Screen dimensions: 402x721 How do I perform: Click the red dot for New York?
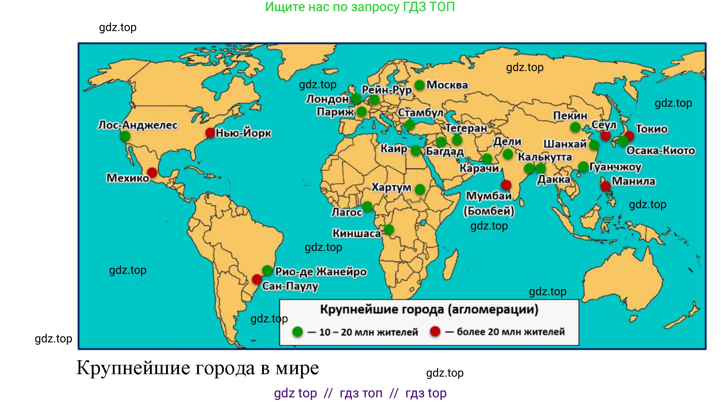click(210, 133)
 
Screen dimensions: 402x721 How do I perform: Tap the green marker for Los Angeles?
click(125, 136)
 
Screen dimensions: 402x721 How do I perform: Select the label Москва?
click(447, 85)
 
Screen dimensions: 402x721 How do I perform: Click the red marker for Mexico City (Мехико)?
click(152, 173)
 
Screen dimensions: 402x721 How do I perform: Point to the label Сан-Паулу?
click(290, 286)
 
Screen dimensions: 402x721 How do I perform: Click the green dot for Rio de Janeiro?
click(267, 270)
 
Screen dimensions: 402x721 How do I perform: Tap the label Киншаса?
click(356, 233)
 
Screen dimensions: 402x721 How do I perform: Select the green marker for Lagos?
click(367, 206)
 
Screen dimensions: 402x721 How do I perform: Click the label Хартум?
click(391, 187)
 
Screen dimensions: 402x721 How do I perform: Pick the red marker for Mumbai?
click(506, 185)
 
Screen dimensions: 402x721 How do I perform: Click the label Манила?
click(634, 181)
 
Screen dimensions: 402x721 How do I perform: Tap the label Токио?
click(651, 129)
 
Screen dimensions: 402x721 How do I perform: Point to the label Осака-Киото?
click(661, 150)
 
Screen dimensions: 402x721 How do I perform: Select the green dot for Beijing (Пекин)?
click(575, 127)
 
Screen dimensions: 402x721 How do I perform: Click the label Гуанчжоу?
click(615, 167)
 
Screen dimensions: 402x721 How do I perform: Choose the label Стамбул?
click(420, 112)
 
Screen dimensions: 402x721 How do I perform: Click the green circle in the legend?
click(297, 332)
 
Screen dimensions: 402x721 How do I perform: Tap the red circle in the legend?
click(435, 331)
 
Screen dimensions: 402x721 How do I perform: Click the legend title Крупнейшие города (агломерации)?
click(429, 309)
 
